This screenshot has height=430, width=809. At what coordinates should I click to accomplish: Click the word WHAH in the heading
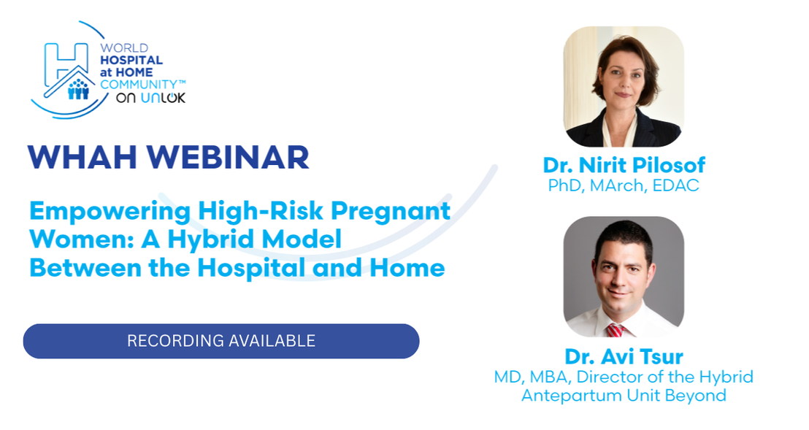point(83,157)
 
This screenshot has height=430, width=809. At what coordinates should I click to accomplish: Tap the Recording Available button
point(221,341)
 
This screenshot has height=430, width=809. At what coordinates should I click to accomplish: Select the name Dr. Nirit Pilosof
point(624,165)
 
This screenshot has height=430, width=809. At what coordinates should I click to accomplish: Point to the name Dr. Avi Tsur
point(624,356)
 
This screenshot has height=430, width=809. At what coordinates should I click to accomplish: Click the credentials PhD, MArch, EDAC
point(624,185)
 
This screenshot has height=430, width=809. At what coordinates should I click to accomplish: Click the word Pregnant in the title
point(391,212)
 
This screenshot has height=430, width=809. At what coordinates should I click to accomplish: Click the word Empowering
point(110,212)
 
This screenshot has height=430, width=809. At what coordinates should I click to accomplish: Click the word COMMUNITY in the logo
point(139,85)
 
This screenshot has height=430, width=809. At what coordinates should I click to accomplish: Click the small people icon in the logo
point(78,90)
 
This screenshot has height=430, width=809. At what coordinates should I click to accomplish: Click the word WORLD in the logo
point(124,48)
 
